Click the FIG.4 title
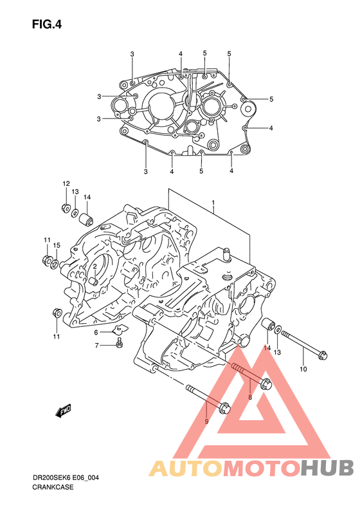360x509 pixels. point(47,24)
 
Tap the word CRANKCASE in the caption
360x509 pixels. point(53,487)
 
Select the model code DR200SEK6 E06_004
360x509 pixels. point(66,478)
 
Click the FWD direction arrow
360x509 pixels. point(63,411)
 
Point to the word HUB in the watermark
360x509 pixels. point(327,468)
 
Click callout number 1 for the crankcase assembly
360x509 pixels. point(213,203)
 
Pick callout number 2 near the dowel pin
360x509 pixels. point(95,266)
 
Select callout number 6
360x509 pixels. point(96,333)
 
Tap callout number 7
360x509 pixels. point(96,346)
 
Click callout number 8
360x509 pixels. point(249,397)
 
